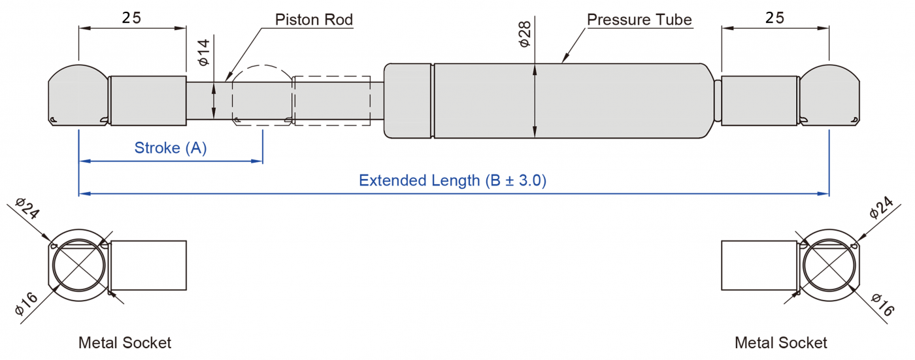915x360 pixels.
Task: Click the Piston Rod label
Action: click(314, 20)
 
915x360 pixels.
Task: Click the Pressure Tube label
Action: click(639, 20)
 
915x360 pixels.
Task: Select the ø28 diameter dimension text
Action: click(524, 34)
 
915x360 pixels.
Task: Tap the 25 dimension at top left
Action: click(131, 18)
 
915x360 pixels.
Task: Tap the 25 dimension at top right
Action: click(774, 18)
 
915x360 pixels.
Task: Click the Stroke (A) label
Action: click(170, 148)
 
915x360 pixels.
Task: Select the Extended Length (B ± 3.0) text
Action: click(452, 180)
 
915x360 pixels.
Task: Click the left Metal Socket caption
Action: click(125, 342)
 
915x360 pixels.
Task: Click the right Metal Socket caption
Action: click(781, 342)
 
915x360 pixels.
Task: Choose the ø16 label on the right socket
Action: click(882, 304)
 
